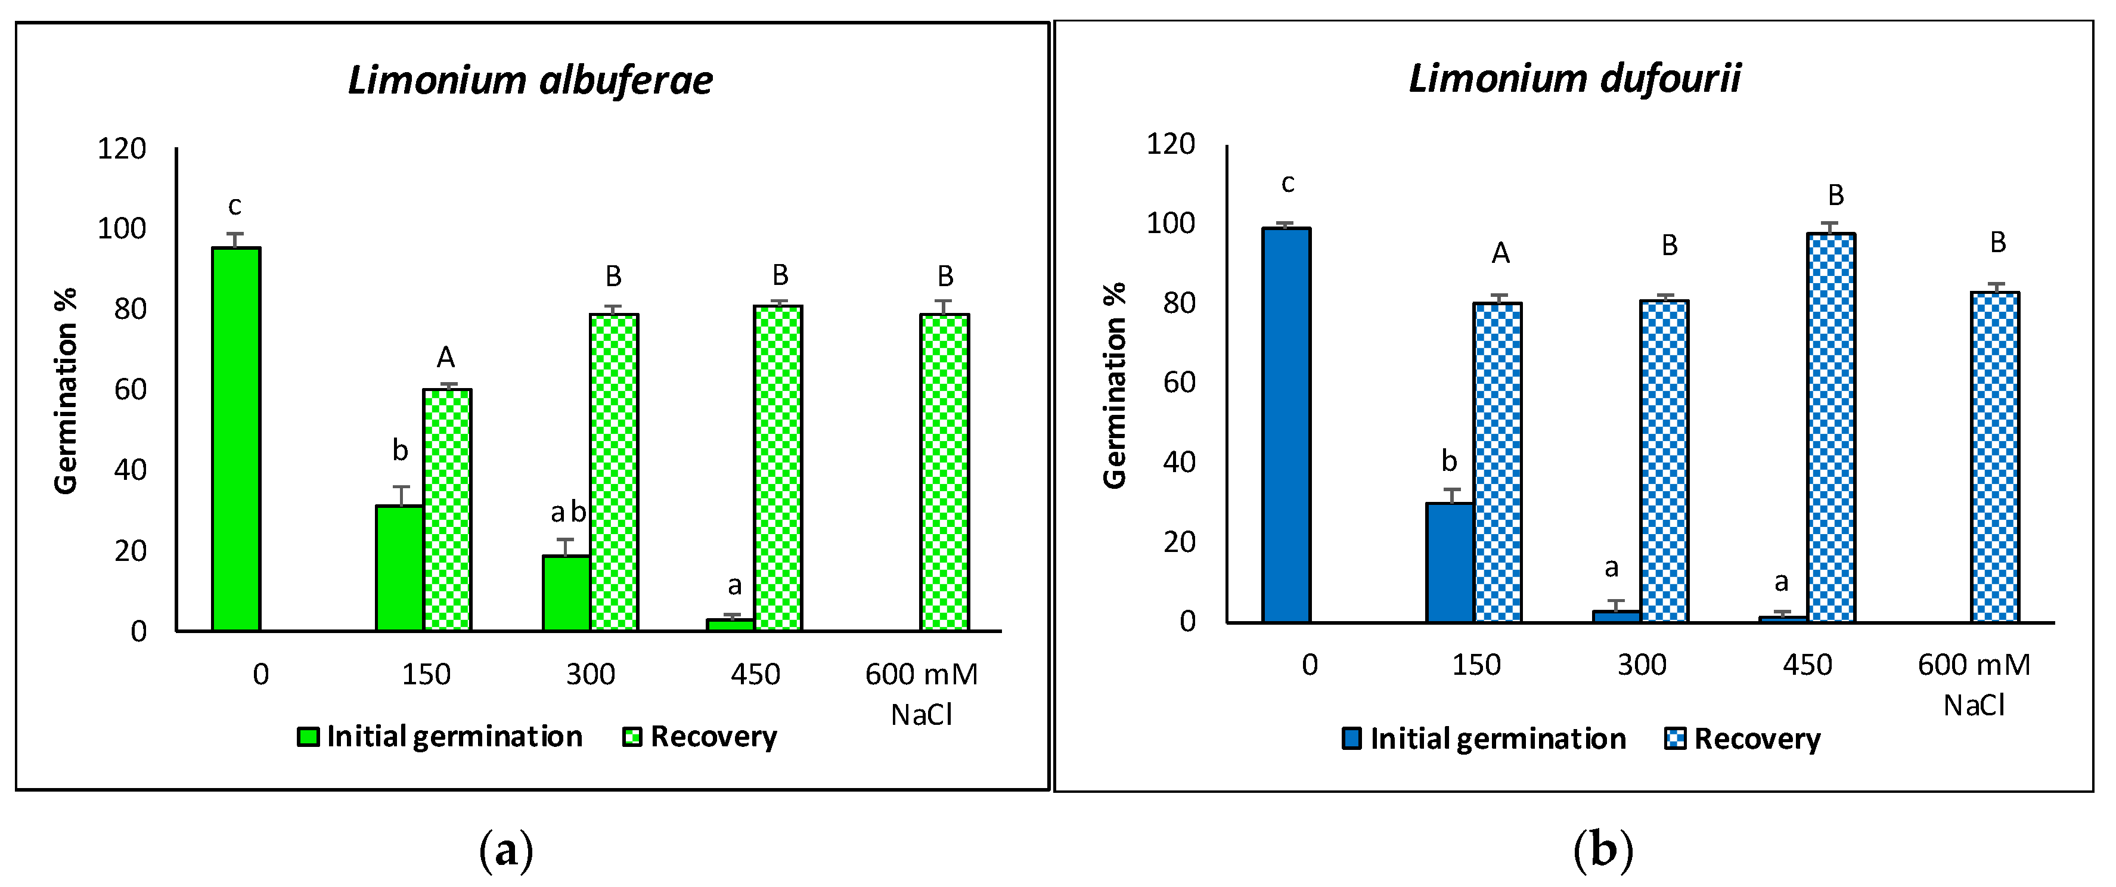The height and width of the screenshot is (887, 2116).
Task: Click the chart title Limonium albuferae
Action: point(530,80)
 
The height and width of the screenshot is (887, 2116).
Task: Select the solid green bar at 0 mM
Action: point(236,439)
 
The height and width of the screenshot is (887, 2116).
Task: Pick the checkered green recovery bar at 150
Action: point(447,509)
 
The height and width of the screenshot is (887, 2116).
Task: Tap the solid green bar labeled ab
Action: point(566,593)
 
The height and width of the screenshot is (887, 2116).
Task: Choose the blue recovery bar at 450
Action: point(1831,427)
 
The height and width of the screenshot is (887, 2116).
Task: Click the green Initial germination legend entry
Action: point(440,737)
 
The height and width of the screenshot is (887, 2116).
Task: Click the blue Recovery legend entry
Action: point(1742,739)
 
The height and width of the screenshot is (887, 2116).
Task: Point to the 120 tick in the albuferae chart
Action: point(122,148)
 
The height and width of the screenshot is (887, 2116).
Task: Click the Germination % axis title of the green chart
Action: point(66,391)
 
